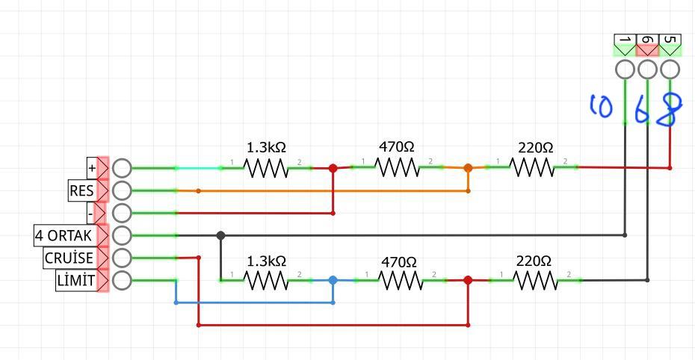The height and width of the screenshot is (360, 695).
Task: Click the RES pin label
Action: [x=81, y=190]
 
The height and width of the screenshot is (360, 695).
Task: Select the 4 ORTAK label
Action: [x=64, y=235]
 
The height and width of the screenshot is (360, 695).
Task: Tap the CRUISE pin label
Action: [x=69, y=258]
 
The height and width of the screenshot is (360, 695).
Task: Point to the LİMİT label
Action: [x=75, y=281]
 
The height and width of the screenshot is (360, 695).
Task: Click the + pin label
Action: [x=92, y=168]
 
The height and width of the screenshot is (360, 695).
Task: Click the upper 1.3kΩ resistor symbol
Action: [x=266, y=168]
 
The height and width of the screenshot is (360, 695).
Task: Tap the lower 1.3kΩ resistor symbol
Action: [x=266, y=280]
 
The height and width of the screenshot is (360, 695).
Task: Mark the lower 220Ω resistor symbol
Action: [x=534, y=280]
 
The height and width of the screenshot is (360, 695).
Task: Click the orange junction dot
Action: [x=468, y=168]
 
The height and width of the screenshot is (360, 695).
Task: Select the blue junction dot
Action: [x=333, y=280]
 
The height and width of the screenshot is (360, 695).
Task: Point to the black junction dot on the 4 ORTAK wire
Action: [x=220, y=235]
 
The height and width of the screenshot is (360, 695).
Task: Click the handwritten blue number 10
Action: [x=601, y=106]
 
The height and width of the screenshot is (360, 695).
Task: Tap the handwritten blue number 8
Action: [x=671, y=110]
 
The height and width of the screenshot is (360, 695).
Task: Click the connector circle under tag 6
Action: [x=648, y=69]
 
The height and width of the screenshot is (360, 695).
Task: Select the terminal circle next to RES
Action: [x=122, y=190]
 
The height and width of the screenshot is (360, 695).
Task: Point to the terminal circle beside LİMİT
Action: [x=122, y=281]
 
